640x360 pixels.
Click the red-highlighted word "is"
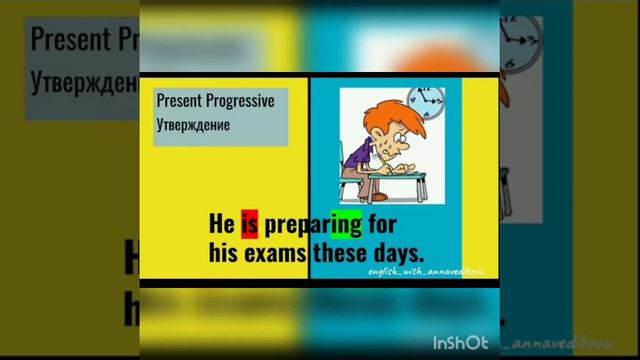point(250,222)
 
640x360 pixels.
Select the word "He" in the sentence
point(222,222)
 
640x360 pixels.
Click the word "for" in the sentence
point(383,222)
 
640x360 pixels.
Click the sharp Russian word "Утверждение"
point(193,125)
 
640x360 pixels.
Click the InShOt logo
point(460,342)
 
